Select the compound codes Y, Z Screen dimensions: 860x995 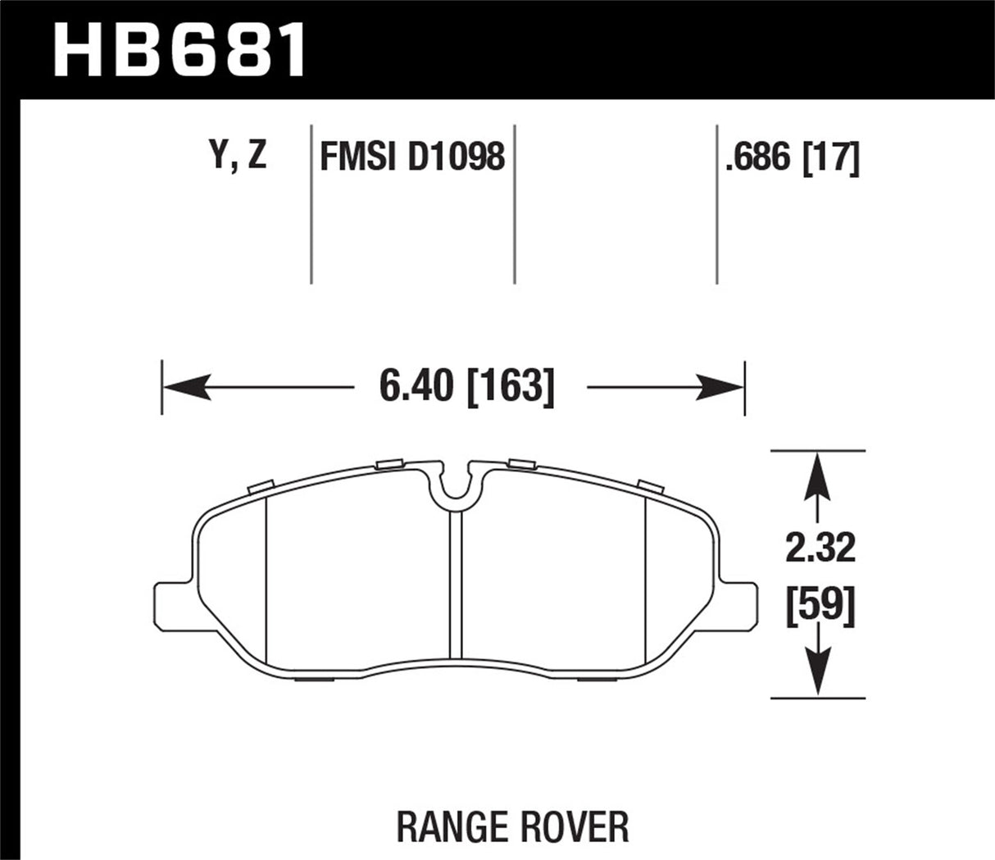(239, 155)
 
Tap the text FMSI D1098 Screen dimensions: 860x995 (411, 156)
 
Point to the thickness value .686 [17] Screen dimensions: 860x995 (792, 156)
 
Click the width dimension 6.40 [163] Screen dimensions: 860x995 (466, 385)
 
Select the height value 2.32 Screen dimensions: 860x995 (820, 548)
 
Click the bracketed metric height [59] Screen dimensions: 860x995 (820, 607)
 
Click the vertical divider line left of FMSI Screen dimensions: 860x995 (311, 205)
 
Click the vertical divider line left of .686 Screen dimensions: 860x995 (717, 205)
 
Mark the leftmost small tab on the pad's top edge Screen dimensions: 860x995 (259, 487)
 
